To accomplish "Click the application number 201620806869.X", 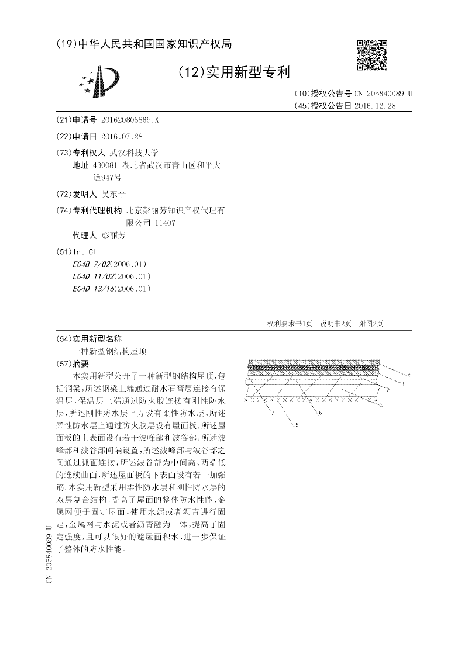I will (129, 120).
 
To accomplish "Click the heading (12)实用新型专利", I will (233, 72).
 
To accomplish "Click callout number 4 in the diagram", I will (408, 374).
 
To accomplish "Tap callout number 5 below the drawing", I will (297, 426).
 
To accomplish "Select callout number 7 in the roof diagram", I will (271, 413).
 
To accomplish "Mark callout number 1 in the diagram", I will (381, 404).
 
